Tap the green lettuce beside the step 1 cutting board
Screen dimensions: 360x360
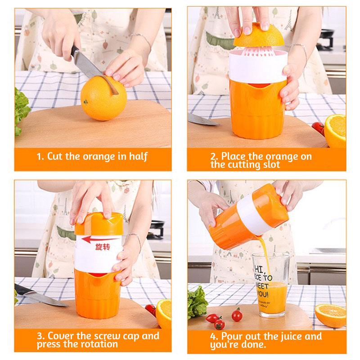point(22,110)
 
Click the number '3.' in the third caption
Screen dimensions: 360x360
point(41,337)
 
